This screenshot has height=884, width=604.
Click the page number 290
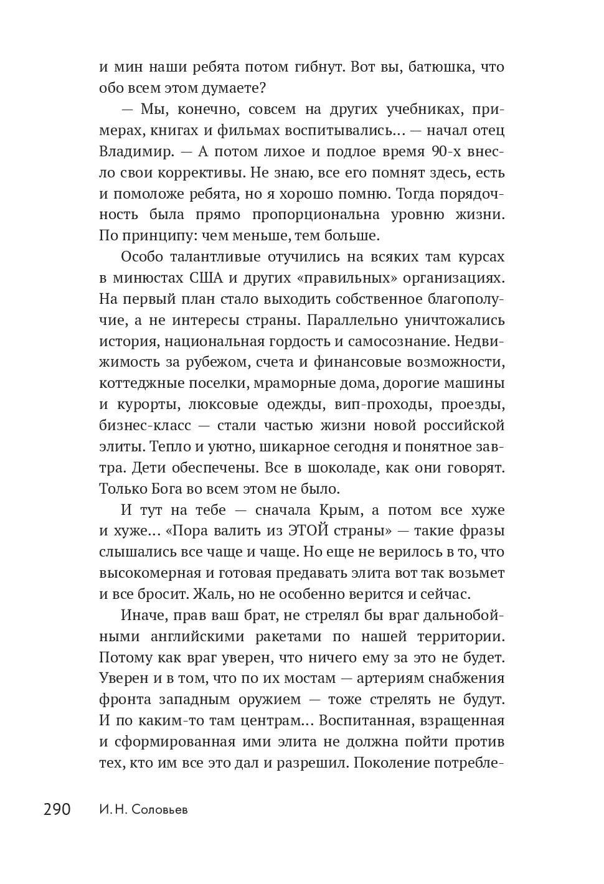(57, 809)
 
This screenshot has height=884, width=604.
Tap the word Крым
(339, 510)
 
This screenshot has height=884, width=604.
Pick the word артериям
(401, 679)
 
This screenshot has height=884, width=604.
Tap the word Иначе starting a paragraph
(144, 616)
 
